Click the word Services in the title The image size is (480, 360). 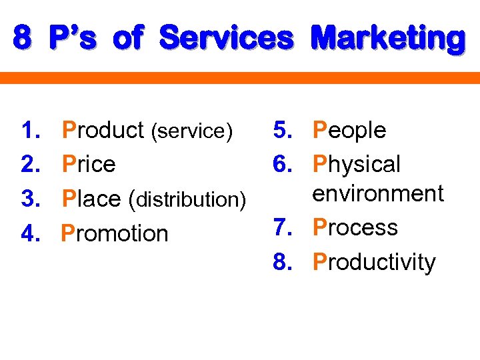coord(227,38)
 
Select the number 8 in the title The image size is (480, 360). coord(21,38)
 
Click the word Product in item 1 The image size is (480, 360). coord(103,130)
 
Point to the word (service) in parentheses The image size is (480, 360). coord(192,131)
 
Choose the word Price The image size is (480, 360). coord(88,164)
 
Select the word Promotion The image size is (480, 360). coord(115,233)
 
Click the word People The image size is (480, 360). coord(349,130)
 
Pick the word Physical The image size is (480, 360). coord(357,164)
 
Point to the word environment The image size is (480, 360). coord(378,193)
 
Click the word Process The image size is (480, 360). coord(355,227)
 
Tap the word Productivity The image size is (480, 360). coord(373,262)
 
